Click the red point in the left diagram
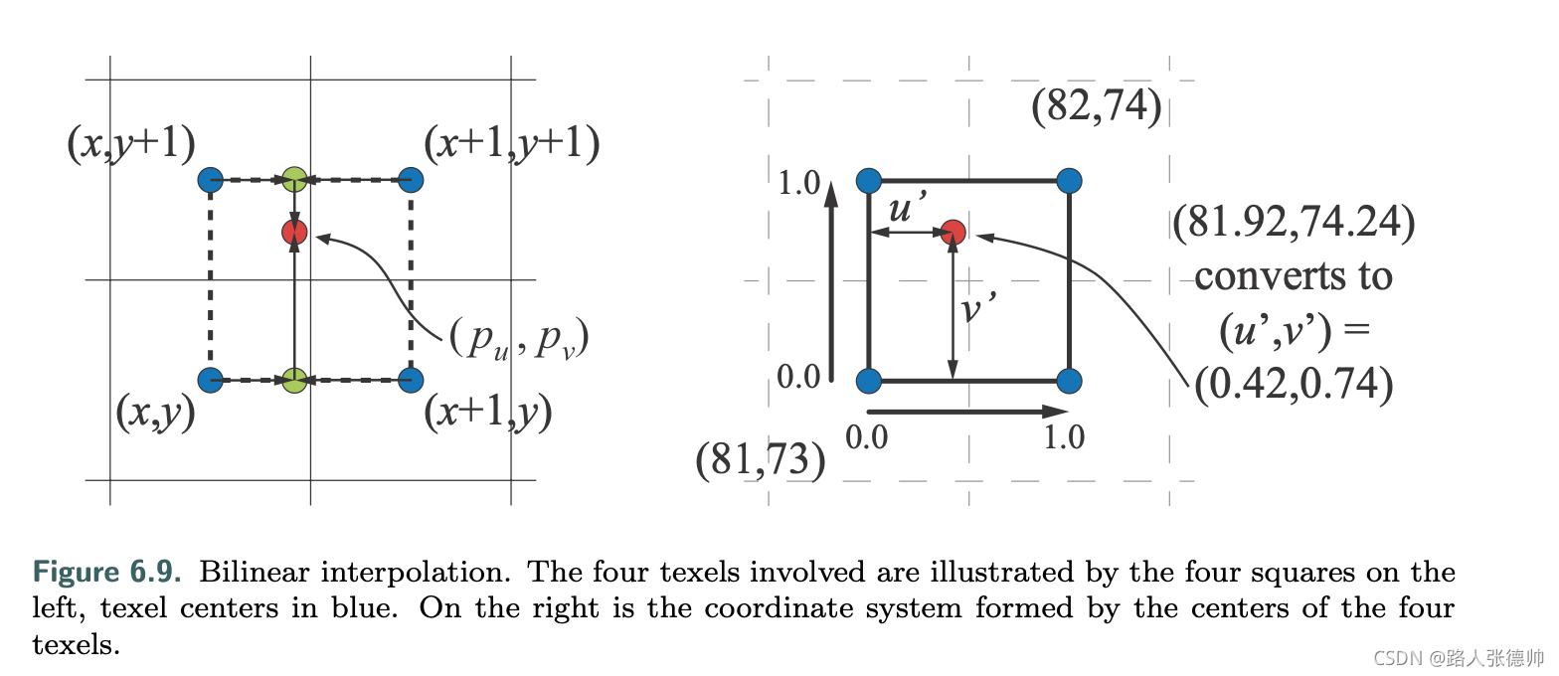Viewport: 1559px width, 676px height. [293, 233]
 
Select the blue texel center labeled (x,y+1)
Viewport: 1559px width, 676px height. [210, 180]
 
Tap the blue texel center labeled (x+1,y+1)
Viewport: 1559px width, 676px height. [411, 180]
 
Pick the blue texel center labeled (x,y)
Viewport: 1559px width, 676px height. [210, 380]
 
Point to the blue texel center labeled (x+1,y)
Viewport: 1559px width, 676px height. [411, 380]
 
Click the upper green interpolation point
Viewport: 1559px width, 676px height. [293, 180]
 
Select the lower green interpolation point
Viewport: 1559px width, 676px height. [293, 380]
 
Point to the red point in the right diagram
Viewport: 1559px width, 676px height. [953, 233]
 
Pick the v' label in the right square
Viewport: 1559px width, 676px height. [979, 309]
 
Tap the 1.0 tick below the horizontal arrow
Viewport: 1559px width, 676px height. [1064, 437]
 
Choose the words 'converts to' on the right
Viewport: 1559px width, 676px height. [1293, 275]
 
